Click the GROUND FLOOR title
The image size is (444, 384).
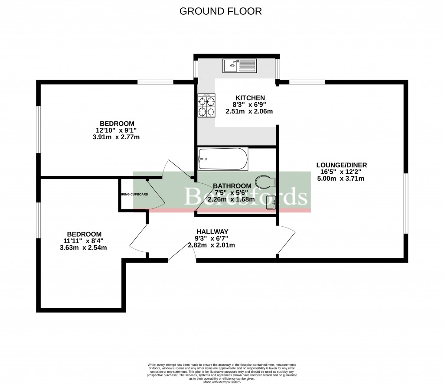(x=221, y=11)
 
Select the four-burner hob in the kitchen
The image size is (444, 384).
(x=206, y=106)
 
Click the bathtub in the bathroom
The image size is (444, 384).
(x=223, y=159)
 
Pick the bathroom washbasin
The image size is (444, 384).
(x=272, y=202)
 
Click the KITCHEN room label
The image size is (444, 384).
(x=250, y=98)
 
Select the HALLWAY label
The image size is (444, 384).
(x=212, y=231)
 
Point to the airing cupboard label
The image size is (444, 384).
(x=134, y=194)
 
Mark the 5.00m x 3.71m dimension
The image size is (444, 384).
(x=341, y=179)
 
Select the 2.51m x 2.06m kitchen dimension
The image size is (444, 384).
(x=249, y=111)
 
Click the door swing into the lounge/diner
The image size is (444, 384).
(x=287, y=241)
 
